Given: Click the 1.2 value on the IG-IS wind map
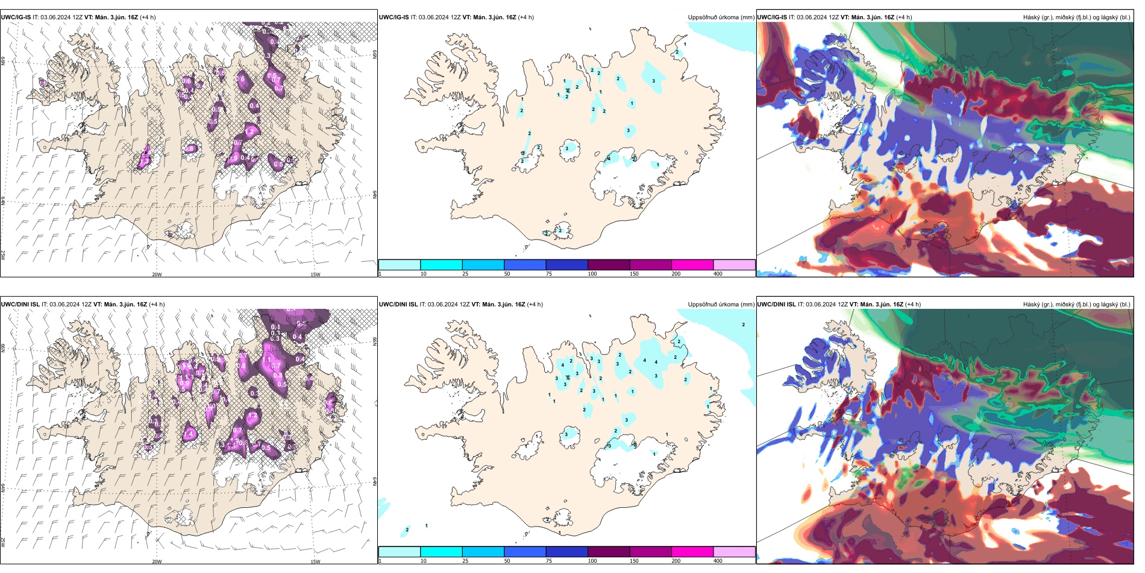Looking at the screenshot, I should point(250,131).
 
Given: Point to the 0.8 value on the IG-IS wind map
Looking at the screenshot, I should point(190,149).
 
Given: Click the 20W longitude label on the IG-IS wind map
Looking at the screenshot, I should point(157,274).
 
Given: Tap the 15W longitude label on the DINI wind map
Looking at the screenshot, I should point(315,562).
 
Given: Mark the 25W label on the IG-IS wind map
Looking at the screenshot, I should point(3,255).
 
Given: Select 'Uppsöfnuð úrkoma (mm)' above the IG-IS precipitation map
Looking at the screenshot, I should point(721,17).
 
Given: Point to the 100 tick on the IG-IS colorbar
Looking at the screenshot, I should point(592,274).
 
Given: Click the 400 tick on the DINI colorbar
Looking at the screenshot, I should point(718,561).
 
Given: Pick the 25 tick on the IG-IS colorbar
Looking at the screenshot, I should point(465,274).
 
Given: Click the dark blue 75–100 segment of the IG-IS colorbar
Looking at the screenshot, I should point(566,265).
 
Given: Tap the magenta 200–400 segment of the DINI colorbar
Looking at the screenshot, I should point(692,552).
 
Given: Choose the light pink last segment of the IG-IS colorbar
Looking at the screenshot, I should point(734,265).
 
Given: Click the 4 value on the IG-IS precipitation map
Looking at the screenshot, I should point(609,159).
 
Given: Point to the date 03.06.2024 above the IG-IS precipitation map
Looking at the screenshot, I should point(434,17).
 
